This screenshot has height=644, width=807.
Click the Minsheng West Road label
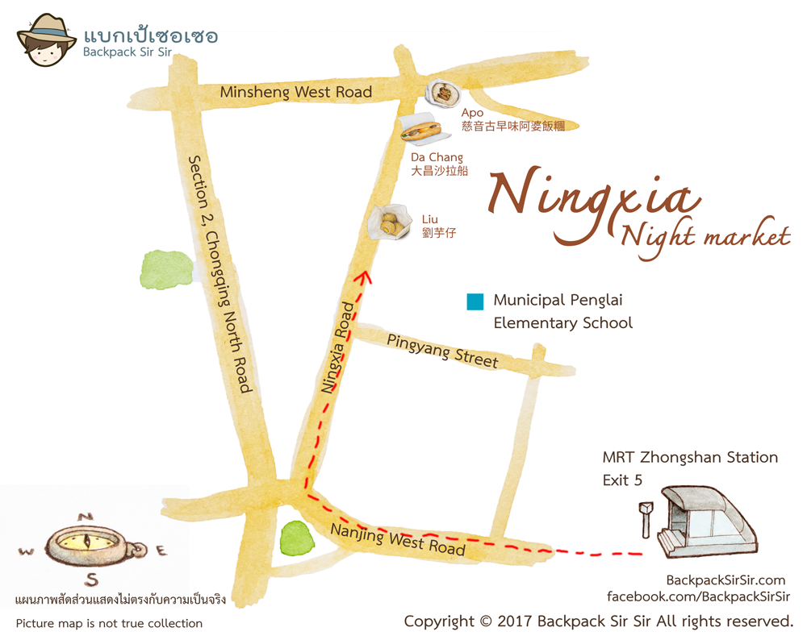(x=296, y=92)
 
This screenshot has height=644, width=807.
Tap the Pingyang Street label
(x=442, y=351)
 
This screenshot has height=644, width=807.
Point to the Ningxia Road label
(x=338, y=348)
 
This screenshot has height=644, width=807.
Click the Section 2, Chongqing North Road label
(x=220, y=274)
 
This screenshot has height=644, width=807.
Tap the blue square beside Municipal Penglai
(x=475, y=302)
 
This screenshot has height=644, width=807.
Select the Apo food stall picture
(x=441, y=95)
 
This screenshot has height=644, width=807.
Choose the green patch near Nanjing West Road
(x=298, y=537)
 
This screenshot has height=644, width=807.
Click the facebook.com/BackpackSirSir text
(x=698, y=597)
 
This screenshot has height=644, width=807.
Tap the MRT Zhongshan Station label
(x=690, y=458)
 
